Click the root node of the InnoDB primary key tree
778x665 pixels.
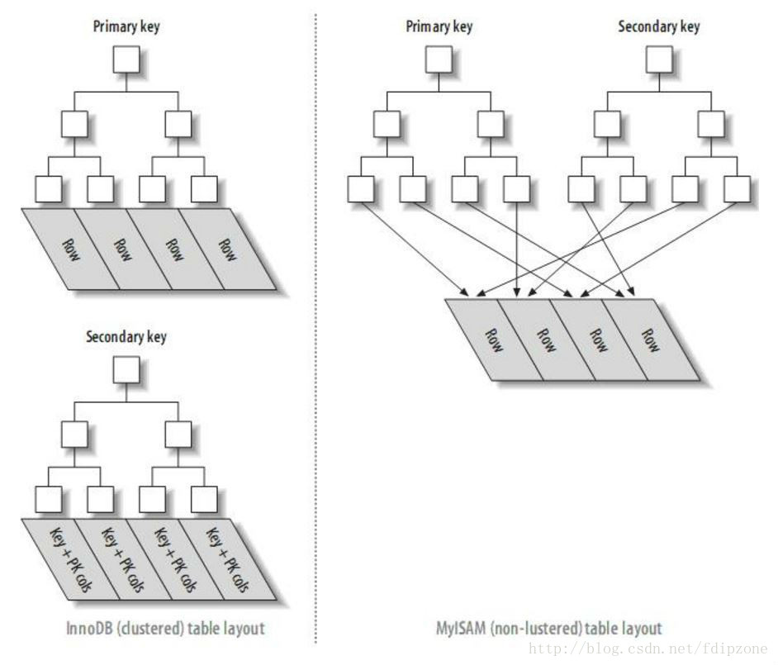126,60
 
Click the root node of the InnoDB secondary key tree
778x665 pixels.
126,369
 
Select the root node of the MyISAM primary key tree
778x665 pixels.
438,60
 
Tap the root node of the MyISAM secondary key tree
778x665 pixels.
659,60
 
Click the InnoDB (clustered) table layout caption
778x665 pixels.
165,629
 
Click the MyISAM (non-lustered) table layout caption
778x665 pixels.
548,629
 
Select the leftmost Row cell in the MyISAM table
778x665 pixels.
493,340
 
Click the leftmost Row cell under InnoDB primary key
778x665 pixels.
70,249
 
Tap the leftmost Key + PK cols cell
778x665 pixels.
70,559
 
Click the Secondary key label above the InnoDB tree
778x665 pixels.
126,337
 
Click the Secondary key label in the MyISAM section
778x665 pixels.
659,26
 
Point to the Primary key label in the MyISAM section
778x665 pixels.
439,26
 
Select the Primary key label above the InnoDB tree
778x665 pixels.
126,26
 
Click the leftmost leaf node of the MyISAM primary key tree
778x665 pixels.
360,190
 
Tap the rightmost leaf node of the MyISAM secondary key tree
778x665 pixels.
736,190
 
